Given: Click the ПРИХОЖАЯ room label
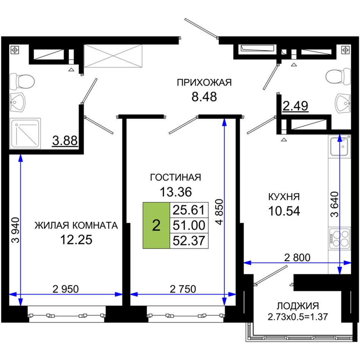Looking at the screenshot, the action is pyautogui.click(x=204, y=83).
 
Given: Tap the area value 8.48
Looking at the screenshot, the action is pyautogui.click(x=204, y=97).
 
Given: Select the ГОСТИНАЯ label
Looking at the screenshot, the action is pyautogui.click(x=175, y=177).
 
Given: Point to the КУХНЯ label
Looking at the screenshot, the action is pyautogui.click(x=284, y=197).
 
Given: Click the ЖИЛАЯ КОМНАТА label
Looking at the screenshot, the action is pyautogui.click(x=76, y=225).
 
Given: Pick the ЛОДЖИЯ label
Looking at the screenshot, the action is pyautogui.click(x=298, y=306).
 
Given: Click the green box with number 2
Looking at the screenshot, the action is pyautogui.click(x=157, y=225).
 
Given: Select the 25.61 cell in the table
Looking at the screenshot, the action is pyautogui.click(x=189, y=210).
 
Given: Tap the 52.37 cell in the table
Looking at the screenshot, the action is pyautogui.click(x=189, y=241).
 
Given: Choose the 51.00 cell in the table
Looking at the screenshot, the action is pyautogui.click(x=189, y=225).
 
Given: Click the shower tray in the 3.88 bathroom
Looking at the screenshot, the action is pyautogui.click(x=25, y=133).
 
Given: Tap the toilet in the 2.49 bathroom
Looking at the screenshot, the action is pyautogui.click(x=338, y=77).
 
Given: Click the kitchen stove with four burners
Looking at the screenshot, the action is pyautogui.click(x=340, y=238).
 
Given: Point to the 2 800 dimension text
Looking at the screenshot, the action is pyautogui.click(x=297, y=258).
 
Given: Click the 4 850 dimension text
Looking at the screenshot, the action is pyautogui.click(x=219, y=212).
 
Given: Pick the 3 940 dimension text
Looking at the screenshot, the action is pyautogui.click(x=16, y=230).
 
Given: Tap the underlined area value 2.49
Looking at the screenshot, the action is pyautogui.click(x=295, y=106).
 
